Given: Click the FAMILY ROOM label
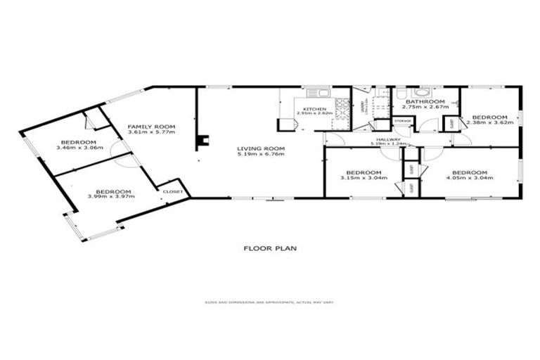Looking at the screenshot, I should tap(150, 127).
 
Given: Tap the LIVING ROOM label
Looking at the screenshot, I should tap(260, 148).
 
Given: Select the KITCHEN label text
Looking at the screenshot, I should tap(313, 109).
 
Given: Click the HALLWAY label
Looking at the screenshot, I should tap(388, 139).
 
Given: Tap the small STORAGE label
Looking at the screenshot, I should tap(402, 122).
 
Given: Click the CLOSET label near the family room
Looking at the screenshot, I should tap(173, 191).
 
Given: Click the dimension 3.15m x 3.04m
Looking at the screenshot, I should tap(364, 178).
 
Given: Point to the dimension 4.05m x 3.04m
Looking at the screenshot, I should tap(468, 178).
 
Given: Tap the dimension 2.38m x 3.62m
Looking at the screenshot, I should tap(489, 122).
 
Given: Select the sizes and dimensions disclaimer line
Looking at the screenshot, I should tap(269, 303).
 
